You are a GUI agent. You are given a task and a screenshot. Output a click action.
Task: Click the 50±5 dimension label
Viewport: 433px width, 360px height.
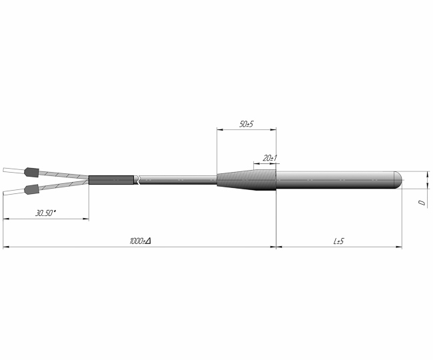click(246, 124)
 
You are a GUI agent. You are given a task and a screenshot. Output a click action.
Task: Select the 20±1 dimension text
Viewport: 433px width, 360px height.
click(270, 158)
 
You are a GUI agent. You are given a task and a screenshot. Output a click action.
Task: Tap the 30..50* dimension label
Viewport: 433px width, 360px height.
click(45, 213)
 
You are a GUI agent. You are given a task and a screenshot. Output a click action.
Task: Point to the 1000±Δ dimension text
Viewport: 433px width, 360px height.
click(141, 241)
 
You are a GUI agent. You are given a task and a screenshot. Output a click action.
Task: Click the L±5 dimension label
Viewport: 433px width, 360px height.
click(338, 241)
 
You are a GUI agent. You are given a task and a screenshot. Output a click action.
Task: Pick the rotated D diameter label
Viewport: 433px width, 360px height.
click(422, 203)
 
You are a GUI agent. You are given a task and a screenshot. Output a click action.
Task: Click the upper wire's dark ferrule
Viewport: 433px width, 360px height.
click(31, 172)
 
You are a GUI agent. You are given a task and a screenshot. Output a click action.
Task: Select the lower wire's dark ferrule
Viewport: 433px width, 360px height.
click(31, 189)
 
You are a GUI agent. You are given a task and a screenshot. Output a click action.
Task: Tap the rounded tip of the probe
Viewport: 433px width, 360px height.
click(398, 180)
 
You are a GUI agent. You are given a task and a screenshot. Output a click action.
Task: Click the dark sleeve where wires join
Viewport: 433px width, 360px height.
click(111, 180)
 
